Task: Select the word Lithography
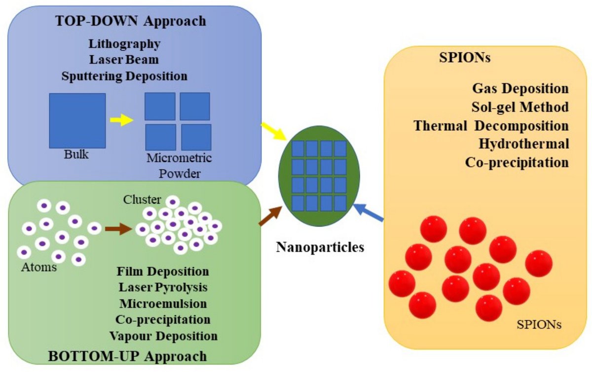coord(124,43)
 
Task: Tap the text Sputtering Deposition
coord(124,76)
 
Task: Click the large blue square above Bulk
coord(77,120)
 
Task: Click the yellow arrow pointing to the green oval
coord(272,131)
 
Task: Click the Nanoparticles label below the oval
coord(320,247)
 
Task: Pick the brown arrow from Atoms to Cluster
coord(118,228)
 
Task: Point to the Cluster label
coord(142,199)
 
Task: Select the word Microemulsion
coord(163,302)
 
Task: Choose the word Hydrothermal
coord(523,144)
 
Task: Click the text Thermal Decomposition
coord(491,125)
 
